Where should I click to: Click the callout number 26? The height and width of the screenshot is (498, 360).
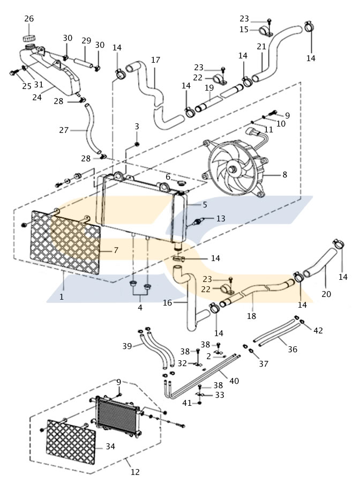[29, 19]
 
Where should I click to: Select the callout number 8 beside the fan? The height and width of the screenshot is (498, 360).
[284, 174]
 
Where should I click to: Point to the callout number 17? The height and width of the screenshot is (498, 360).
[155, 60]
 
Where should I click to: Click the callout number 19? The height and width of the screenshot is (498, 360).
[208, 87]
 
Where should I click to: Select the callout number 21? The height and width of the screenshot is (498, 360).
[261, 47]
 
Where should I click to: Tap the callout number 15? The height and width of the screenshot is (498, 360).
[244, 29]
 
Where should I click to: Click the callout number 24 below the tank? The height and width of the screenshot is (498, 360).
[37, 98]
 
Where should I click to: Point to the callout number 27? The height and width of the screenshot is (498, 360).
[64, 130]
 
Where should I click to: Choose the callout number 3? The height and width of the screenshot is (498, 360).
[137, 126]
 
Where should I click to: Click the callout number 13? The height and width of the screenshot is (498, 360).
[221, 218]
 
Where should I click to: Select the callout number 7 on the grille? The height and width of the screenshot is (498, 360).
[115, 250]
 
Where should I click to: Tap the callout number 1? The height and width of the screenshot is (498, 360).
[62, 296]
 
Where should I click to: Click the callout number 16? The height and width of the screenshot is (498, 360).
[167, 303]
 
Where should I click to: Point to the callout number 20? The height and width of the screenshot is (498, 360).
[326, 294]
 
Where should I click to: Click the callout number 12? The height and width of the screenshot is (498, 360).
[135, 472]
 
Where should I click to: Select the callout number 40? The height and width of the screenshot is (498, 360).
[234, 381]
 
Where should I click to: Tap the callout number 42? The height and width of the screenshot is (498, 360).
[318, 331]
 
